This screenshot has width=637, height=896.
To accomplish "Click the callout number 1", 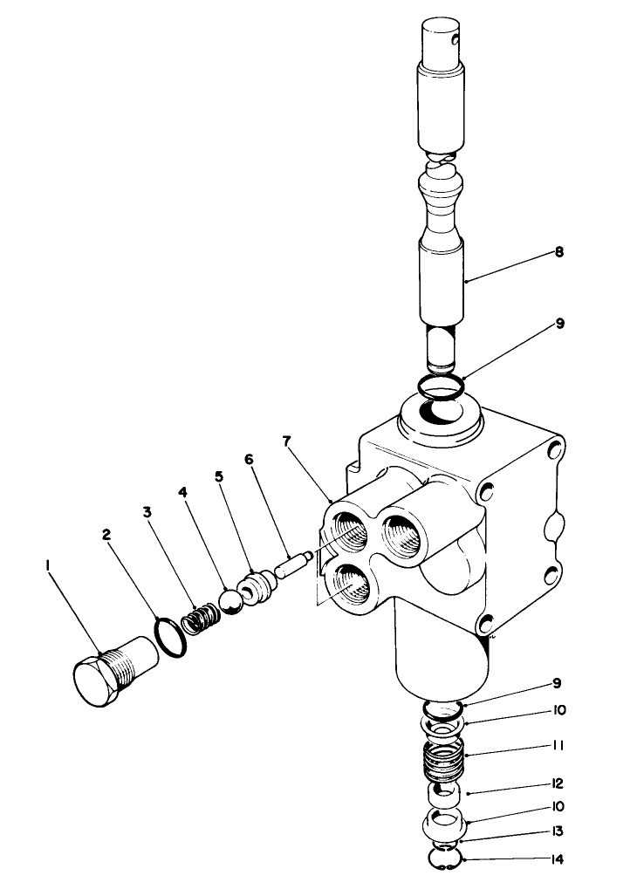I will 47,566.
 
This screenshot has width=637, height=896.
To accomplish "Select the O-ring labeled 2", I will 171,634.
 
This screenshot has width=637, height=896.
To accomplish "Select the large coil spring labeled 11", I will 446,756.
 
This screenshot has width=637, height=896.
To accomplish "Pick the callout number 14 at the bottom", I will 557,859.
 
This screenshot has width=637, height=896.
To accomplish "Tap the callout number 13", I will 557,831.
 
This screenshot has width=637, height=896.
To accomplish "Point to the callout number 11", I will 558,746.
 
